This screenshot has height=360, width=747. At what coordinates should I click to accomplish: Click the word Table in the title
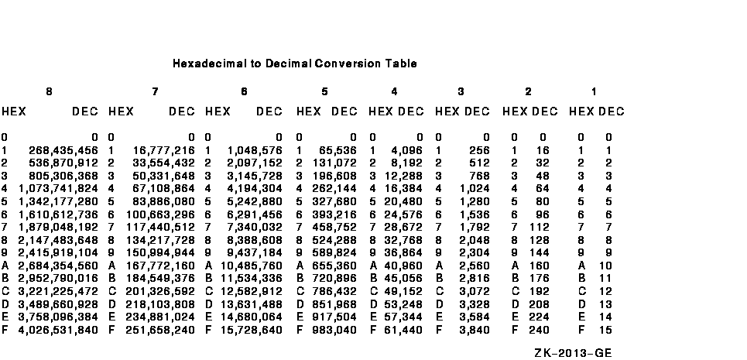click(402, 63)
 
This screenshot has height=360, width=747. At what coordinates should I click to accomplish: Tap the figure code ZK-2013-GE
click(573, 353)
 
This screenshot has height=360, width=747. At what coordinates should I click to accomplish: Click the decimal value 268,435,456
click(63, 150)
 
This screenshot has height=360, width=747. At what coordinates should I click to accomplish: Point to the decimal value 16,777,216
click(163, 150)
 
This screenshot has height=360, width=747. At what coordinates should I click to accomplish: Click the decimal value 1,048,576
click(255, 150)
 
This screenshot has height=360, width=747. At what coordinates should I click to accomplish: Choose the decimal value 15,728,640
click(251, 330)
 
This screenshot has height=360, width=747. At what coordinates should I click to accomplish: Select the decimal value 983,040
click(335, 330)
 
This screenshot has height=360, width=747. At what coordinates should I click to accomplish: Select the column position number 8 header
click(49, 92)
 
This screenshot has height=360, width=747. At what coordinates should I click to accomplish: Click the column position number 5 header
click(324, 92)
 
